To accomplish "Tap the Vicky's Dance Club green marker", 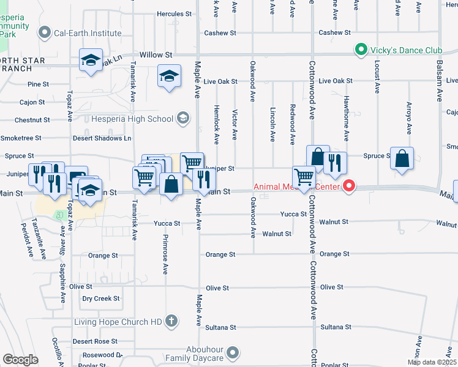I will pyautogui.click(x=361, y=50).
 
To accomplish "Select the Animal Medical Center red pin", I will pyautogui.click(x=349, y=185).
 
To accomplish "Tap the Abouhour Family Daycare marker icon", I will pyautogui.click(x=232, y=352).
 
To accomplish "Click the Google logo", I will pyautogui.click(x=20, y=360).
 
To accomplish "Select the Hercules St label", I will pyautogui.click(x=175, y=13).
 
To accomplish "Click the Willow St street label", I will pyautogui.click(x=156, y=55).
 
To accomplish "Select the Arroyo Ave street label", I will pyautogui.click(x=408, y=119).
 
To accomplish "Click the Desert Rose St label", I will pyautogui.click(x=95, y=341).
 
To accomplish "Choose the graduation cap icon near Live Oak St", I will pyautogui.click(x=169, y=76).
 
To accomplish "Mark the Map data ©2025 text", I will pyautogui.click(x=432, y=362).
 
